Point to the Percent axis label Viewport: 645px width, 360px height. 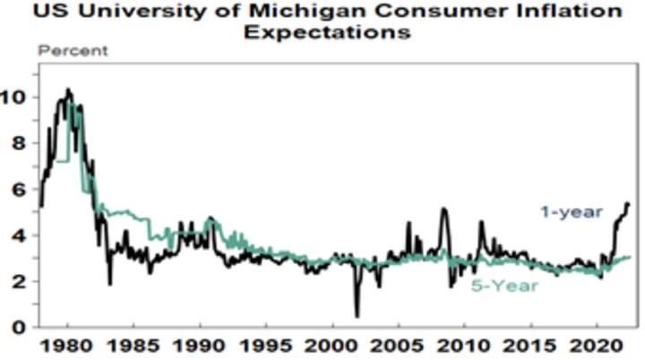click(72, 51)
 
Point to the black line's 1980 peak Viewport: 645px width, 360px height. click(69, 90)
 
